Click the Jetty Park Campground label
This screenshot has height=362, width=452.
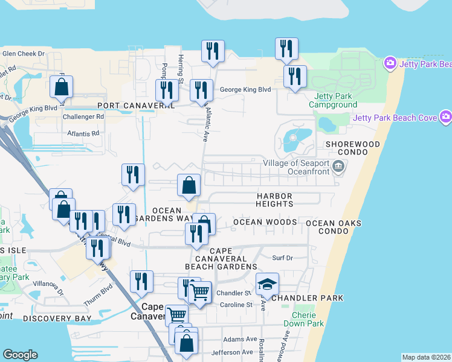click(333, 100)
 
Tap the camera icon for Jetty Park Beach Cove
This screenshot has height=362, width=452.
click(446, 116)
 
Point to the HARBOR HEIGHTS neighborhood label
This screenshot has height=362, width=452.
click(274, 200)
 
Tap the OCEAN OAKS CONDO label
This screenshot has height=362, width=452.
click(334, 227)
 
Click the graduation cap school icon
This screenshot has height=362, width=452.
click(266, 283)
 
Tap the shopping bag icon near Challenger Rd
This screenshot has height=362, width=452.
click(62, 87)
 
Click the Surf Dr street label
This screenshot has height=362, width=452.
click(282, 258)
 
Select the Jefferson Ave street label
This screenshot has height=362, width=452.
click(230, 352)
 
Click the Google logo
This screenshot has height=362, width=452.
click(20, 355)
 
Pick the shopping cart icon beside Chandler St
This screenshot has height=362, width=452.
click(200, 292)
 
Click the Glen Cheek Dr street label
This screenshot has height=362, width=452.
click(24, 54)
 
